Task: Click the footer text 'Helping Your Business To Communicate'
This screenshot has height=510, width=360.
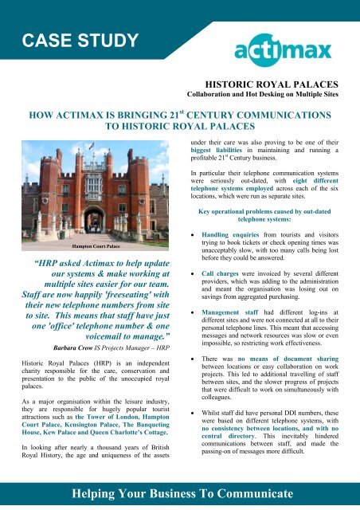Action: [x=180, y=493]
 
